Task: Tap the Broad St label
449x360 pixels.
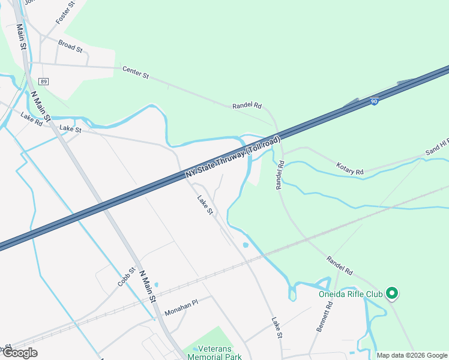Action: pyautogui.click(x=70, y=45)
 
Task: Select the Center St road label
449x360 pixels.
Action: pyautogui.click(x=136, y=73)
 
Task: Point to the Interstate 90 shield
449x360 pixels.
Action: pyautogui.click(x=374, y=102)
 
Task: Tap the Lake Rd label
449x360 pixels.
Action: pyautogui.click(x=31, y=119)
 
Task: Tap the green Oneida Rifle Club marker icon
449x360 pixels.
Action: pyautogui.click(x=392, y=293)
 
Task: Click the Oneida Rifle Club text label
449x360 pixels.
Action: pyautogui.click(x=351, y=294)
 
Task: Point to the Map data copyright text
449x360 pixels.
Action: pyautogui.click(x=412, y=355)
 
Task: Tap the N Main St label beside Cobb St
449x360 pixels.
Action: pyautogui.click(x=148, y=286)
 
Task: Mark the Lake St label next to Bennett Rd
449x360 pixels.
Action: pyautogui.click(x=277, y=328)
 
